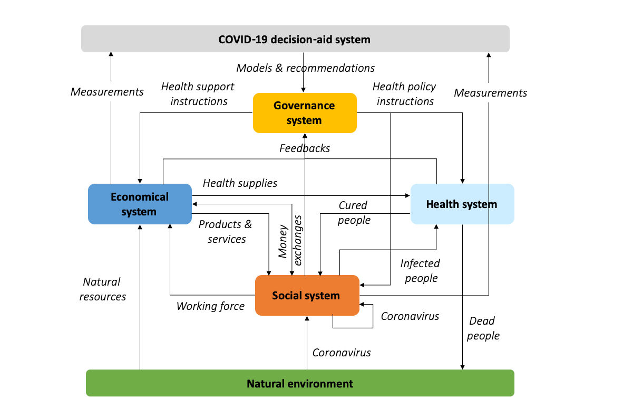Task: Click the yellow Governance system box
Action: point(304,113)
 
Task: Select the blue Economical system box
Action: point(139,204)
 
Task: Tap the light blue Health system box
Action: point(462,204)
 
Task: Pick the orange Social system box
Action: point(306,296)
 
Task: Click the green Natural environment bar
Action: point(300,383)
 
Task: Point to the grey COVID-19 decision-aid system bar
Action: point(295,40)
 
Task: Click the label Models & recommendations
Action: point(305,68)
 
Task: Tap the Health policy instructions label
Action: point(405,93)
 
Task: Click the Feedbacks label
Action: point(305,148)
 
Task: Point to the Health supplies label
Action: point(240,183)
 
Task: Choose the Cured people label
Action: point(354,212)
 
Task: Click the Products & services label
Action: point(226,231)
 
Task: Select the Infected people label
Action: point(421,270)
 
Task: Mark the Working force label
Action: point(210,306)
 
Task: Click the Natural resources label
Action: point(102,289)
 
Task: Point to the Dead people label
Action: point(483,328)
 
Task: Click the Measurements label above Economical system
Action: point(107,92)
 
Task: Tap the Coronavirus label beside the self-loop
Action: point(410,316)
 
